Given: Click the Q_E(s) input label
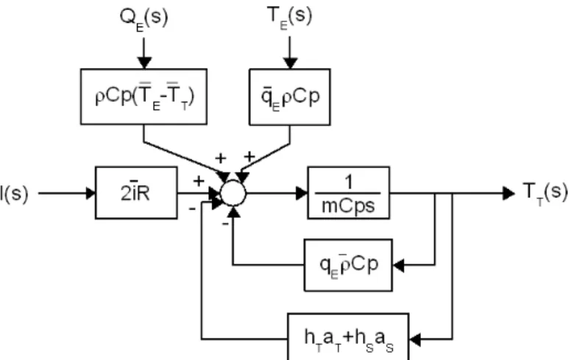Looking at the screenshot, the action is [143, 19].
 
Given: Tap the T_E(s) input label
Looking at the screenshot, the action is [289, 18].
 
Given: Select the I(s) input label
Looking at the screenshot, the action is [14, 193].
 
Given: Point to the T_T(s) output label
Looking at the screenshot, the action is [545, 194].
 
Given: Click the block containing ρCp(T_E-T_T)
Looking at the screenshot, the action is [143, 96].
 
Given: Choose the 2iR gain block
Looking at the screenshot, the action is [136, 193].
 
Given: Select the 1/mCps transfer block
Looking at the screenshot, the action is [349, 193].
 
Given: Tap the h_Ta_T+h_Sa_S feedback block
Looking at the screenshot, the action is [348, 337].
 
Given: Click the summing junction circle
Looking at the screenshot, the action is [233, 193].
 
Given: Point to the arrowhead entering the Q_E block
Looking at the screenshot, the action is [143, 63].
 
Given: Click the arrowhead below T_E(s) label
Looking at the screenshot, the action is [290, 63].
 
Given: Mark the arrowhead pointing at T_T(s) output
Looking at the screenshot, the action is [509, 193].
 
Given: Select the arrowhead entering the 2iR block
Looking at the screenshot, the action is [90, 193].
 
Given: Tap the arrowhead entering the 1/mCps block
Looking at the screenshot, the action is [302, 193].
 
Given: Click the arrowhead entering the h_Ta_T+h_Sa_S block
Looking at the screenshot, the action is [415, 339].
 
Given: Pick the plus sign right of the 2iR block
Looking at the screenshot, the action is [199, 181].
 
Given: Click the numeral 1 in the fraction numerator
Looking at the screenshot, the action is [349, 181].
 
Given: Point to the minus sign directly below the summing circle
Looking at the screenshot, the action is [225, 223].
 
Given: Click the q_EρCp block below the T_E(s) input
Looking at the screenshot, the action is [290, 97].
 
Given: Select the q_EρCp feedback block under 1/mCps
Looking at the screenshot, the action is [348, 265].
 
